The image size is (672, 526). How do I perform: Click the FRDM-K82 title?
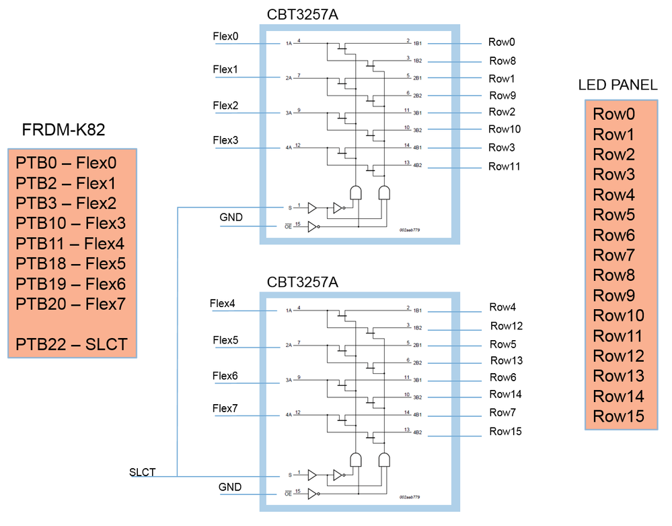64,130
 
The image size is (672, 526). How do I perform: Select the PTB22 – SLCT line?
71,345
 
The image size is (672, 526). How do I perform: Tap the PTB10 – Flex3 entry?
71,224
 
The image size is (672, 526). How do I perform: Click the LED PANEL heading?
618,85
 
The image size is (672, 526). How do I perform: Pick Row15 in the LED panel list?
618,416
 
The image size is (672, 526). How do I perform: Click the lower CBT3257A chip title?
303,282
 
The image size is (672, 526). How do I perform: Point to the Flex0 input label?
225,36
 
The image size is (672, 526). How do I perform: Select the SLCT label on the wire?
142,472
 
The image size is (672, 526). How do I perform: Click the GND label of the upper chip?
231,218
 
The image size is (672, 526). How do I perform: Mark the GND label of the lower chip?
230,487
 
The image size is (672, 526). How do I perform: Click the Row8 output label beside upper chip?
502,61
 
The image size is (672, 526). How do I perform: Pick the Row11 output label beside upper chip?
505,166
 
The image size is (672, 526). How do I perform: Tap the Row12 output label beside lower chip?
507,326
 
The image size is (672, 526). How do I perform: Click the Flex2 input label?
225,106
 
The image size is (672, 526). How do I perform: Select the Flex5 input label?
225,340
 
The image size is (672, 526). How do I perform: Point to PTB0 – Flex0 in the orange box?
66,163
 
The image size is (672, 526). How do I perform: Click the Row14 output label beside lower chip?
506,394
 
